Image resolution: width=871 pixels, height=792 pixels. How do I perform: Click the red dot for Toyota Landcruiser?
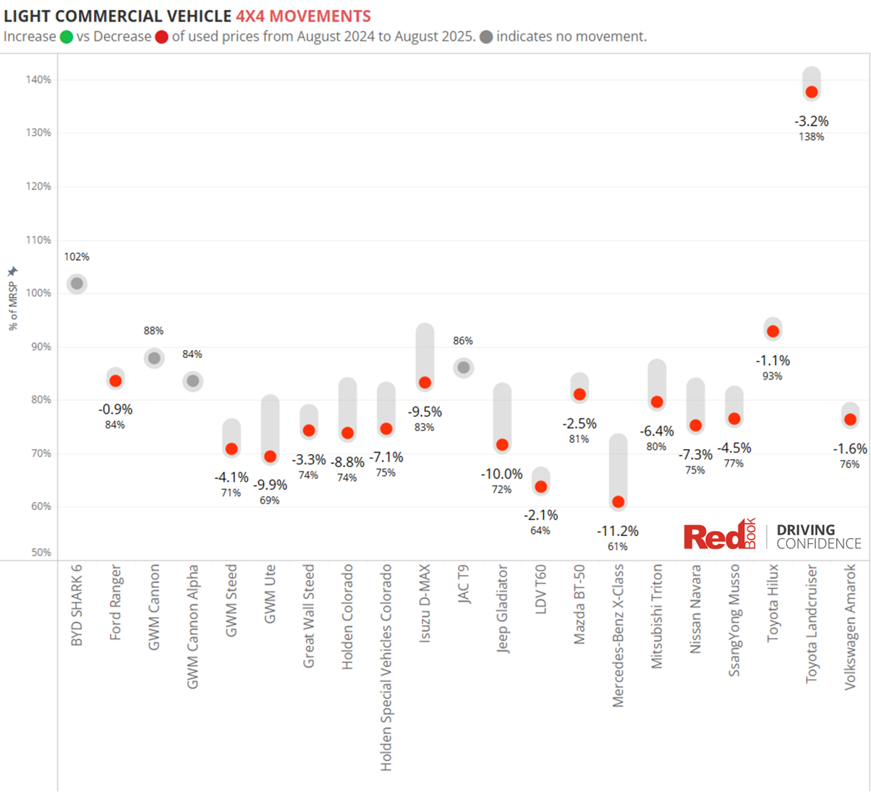812,92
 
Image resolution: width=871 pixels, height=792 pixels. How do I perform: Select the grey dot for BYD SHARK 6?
77,284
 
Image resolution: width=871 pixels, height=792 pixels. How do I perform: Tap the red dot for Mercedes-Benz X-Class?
618,502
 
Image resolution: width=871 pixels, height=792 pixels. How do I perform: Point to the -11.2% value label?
618,531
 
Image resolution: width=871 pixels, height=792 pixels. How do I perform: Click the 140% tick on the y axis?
41,80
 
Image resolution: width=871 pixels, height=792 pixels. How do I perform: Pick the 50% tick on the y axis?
41,553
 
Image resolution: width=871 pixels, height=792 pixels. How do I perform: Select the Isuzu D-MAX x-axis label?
425,604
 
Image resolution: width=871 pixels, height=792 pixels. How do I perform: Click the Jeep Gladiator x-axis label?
503,609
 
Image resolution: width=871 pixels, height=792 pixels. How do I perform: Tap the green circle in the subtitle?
67,37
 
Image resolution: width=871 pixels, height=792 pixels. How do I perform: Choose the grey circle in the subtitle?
486,37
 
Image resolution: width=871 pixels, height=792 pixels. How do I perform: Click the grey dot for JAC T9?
464,367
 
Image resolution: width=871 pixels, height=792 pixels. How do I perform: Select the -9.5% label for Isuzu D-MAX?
425,412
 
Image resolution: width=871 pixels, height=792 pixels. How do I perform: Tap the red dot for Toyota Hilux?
773,331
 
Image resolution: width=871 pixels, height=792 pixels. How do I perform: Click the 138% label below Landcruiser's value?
812,137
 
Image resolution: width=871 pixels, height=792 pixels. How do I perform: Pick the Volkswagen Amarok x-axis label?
851,627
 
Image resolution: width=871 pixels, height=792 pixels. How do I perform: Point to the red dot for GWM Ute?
270,456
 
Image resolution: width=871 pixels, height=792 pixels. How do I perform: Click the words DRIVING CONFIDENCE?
818,537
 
